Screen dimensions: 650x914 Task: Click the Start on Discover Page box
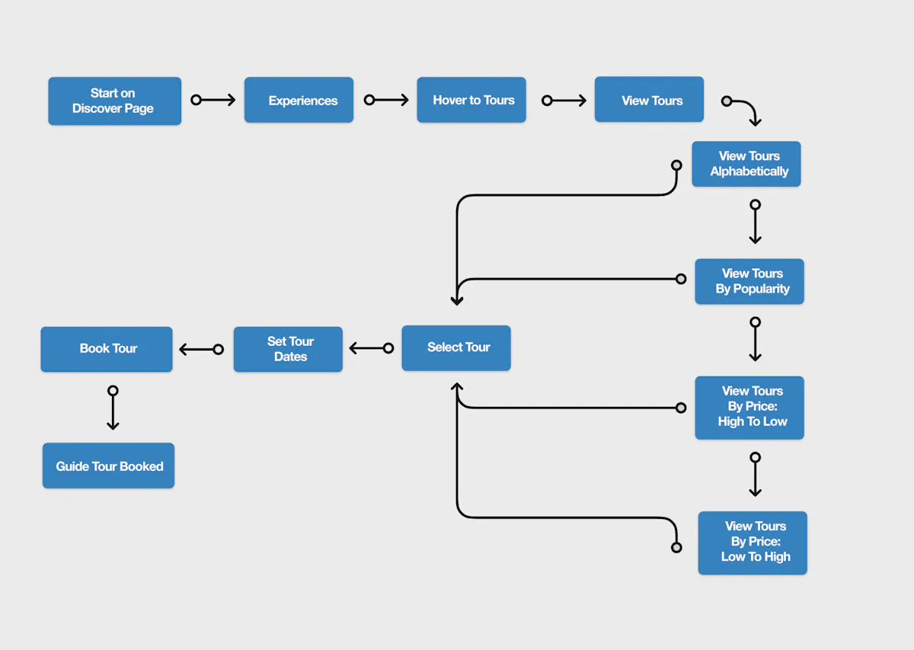[x=114, y=101]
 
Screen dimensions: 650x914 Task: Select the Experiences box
[x=299, y=100]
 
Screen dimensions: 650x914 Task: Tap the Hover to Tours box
[x=471, y=100]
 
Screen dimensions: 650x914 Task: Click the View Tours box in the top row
[x=649, y=100]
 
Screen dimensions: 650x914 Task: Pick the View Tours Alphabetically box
[x=746, y=164]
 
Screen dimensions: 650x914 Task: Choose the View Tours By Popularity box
[x=749, y=281]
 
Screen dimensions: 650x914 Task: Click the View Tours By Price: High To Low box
[x=749, y=407]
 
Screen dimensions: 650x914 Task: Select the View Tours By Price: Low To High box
[x=753, y=542]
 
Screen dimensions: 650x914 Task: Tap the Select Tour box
[x=456, y=347]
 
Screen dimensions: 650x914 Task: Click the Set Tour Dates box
[x=288, y=349]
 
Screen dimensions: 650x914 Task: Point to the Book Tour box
[x=107, y=349]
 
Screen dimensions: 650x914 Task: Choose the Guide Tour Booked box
[x=108, y=466]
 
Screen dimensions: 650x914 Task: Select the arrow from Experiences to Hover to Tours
[x=387, y=100]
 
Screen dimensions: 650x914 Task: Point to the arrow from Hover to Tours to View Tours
[x=564, y=100]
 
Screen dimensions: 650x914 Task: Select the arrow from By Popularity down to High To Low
[x=755, y=340]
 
